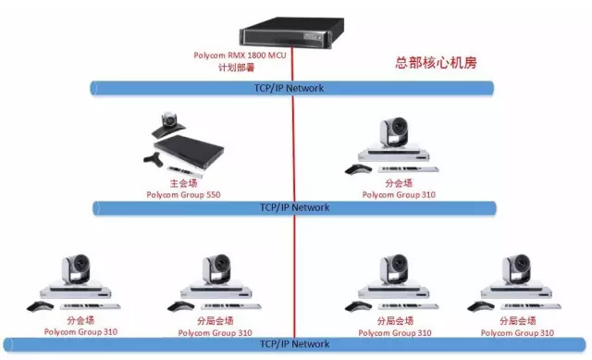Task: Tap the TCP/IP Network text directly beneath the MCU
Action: (290, 88)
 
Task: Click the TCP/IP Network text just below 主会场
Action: (294, 207)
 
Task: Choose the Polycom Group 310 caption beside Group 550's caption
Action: (398, 194)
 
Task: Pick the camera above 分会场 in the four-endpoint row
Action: (78, 269)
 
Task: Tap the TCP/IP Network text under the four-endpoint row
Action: (294, 344)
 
